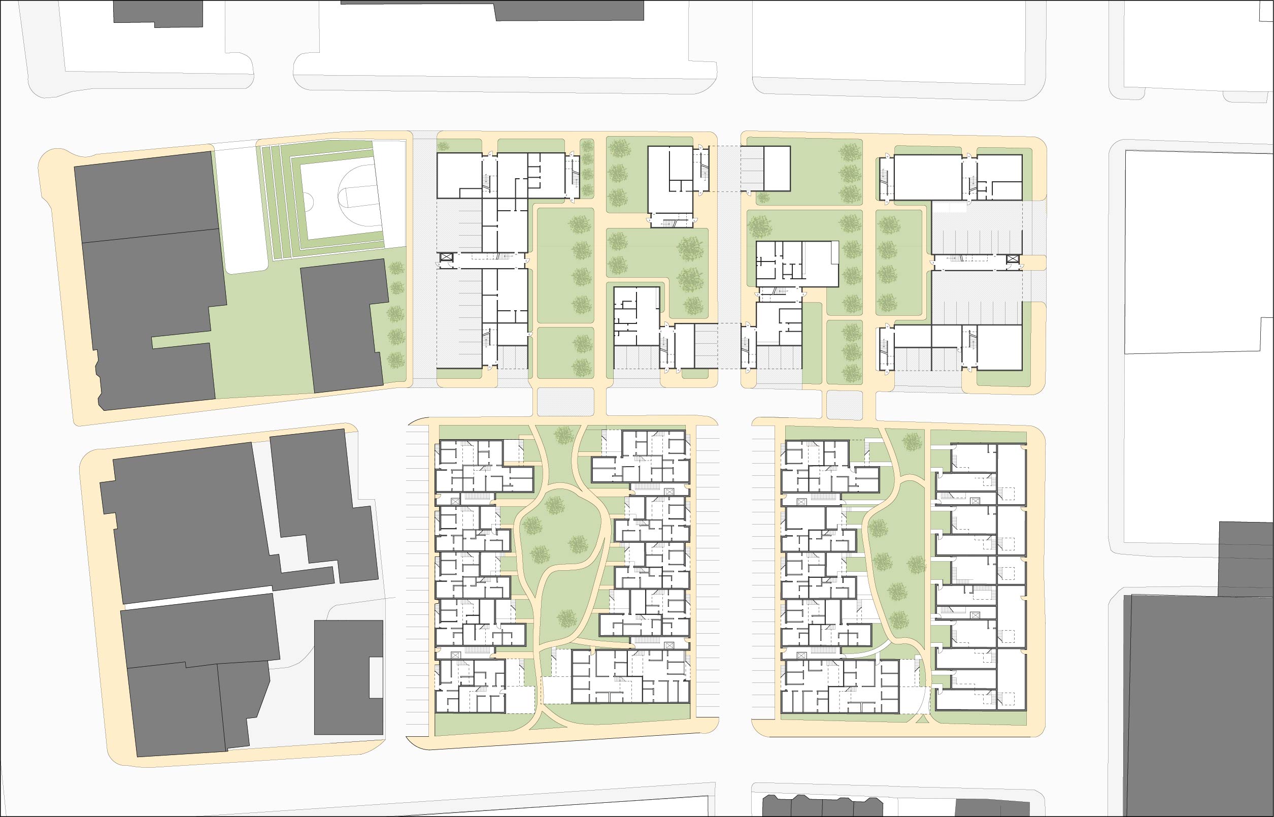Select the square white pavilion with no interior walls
point(777,169)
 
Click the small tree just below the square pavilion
point(763,199)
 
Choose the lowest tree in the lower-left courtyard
point(566,617)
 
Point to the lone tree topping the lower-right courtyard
point(912,441)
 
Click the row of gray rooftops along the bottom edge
point(848,806)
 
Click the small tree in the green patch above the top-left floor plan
point(443,146)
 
